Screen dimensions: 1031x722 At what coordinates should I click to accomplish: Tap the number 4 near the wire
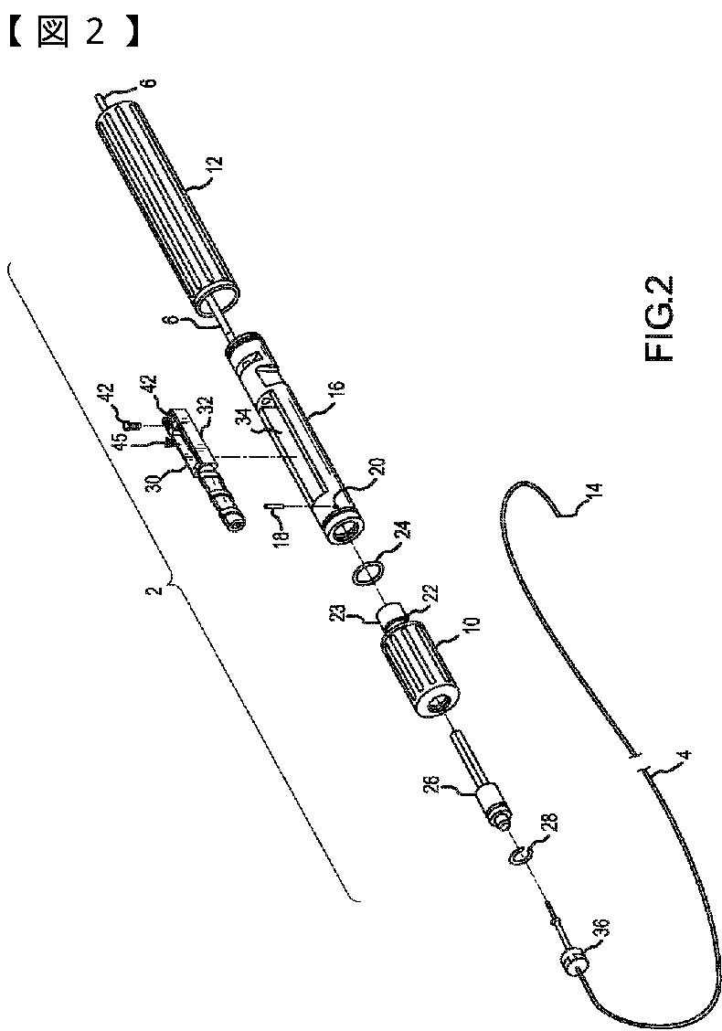[685, 757]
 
